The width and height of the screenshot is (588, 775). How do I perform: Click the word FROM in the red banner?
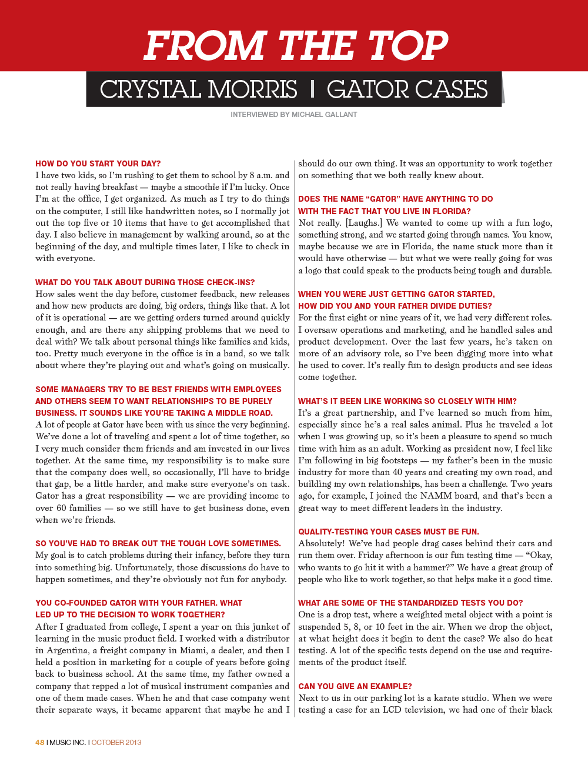click(x=205, y=46)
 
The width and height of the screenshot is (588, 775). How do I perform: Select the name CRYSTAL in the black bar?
click(x=151, y=89)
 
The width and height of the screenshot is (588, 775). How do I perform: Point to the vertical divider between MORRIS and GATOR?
click(x=312, y=89)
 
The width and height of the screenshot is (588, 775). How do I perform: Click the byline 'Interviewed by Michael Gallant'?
click(x=293, y=115)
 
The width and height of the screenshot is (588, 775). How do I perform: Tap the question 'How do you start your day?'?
click(x=98, y=163)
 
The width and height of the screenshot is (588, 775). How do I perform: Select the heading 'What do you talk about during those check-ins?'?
click(x=145, y=282)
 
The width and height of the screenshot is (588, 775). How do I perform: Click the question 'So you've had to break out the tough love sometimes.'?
click(x=158, y=543)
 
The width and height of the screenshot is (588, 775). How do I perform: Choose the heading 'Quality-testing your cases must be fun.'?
click(x=388, y=532)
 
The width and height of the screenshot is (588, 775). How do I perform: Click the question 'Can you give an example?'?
click(x=355, y=686)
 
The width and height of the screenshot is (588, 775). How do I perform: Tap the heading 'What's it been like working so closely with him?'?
click(x=407, y=401)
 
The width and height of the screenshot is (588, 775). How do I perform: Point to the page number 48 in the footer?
click(x=40, y=742)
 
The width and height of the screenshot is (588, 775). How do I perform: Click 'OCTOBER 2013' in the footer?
click(x=116, y=742)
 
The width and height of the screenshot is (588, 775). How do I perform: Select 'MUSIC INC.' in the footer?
click(x=68, y=742)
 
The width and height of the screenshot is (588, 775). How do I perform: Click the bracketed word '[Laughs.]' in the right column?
click(x=364, y=223)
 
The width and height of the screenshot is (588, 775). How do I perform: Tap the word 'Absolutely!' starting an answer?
click(x=321, y=543)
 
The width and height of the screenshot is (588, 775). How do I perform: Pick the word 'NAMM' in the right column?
click(x=436, y=496)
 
